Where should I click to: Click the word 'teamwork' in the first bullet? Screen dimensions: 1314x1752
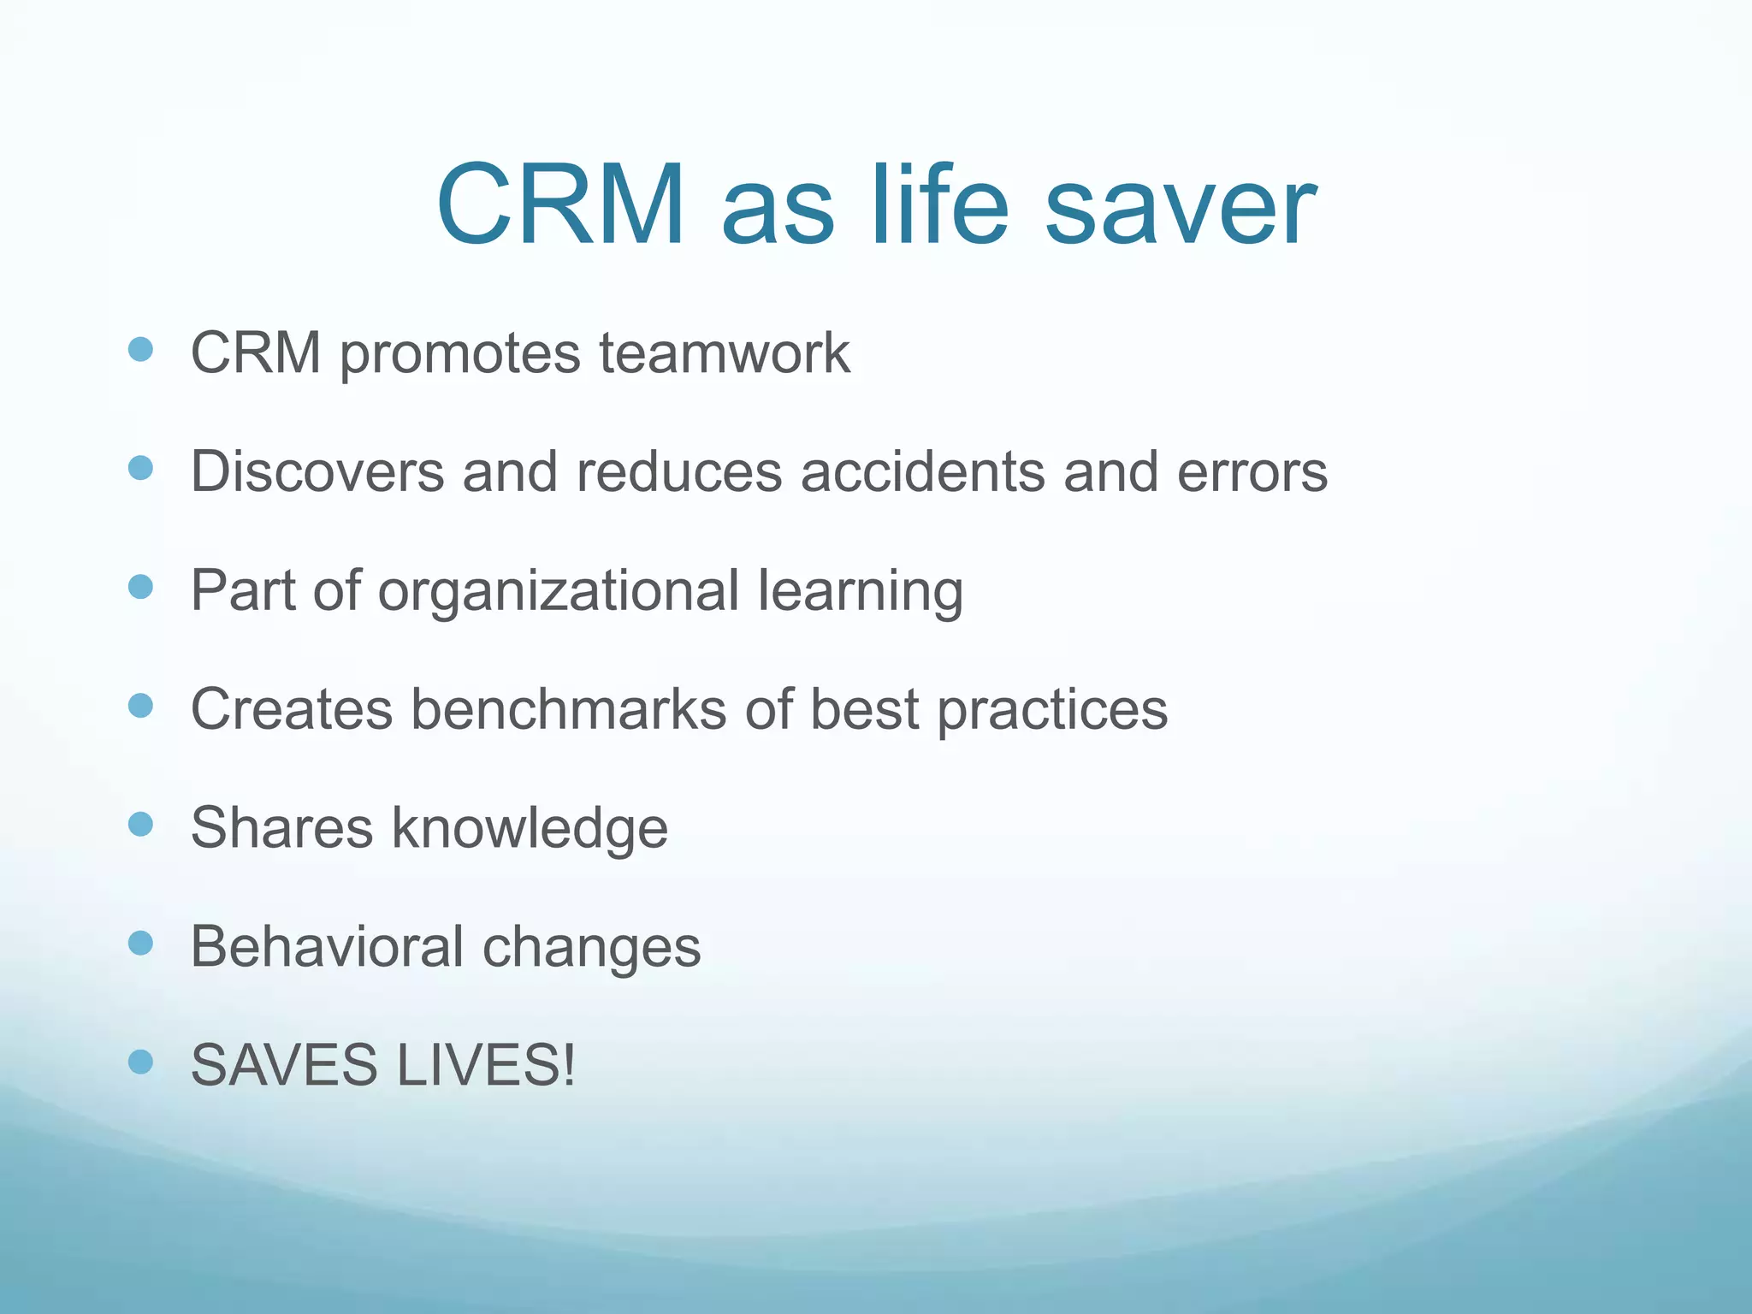(x=725, y=352)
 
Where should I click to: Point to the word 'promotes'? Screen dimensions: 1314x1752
(x=459, y=352)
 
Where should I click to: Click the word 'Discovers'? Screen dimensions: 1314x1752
(x=317, y=471)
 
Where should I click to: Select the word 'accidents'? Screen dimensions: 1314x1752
(x=922, y=471)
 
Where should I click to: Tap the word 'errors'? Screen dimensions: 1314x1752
(x=1252, y=471)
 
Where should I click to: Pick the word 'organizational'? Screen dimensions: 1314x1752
(x=558, y=590)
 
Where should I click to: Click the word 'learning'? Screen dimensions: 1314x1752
(x=861, y=590)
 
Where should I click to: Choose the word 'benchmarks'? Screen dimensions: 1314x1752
(x=568, y=709)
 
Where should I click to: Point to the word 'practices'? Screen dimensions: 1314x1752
(x=1052, y=709)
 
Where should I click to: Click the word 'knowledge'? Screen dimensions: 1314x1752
(x=530, y=828)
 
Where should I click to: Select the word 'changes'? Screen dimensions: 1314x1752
(x=592, y=947)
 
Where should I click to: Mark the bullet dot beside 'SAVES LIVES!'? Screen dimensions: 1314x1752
(x=140, y=1062)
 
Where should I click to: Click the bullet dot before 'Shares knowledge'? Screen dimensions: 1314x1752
(x=140, y=825)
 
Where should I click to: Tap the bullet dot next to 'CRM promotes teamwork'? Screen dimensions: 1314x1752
(x=140, y=349)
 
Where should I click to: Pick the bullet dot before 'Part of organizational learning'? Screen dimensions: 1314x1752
(x=140, y=587)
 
